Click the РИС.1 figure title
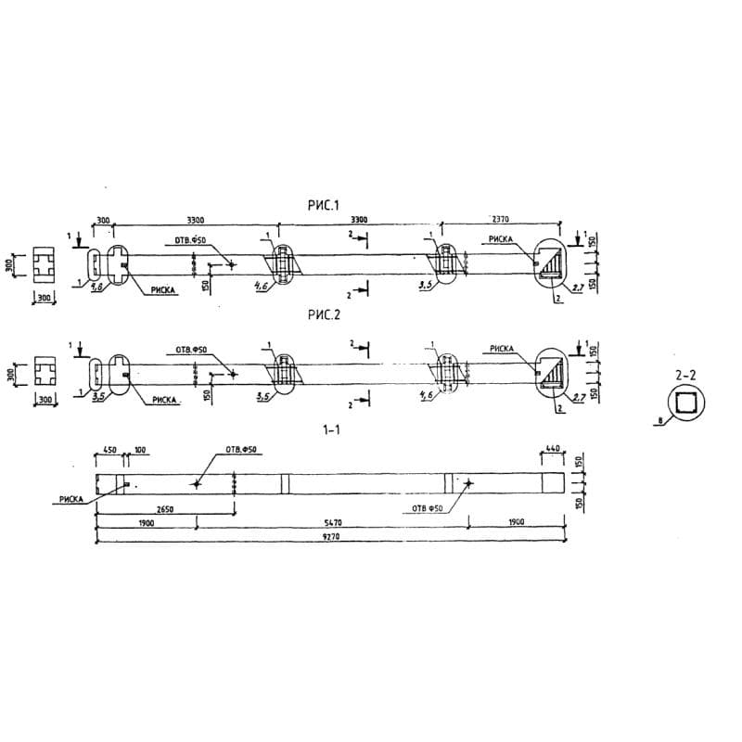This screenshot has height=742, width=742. point(324,204)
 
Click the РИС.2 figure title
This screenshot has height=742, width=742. point(324,315)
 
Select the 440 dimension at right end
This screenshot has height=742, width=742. point(553,449)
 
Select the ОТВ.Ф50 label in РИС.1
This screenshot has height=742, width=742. point(190,240)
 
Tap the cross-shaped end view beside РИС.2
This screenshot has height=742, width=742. point(45,374)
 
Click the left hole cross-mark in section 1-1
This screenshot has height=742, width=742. point(197,483)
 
